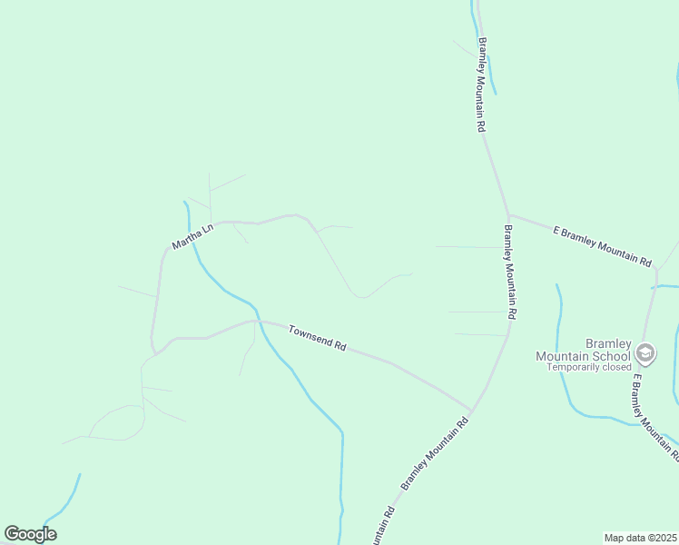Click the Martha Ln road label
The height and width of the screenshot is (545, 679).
tap(192, 237)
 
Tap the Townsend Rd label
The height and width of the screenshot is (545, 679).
tap(318, 339)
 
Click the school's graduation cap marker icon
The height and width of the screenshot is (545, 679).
tap(645, 352)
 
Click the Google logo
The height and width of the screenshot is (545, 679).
tap(30, 534)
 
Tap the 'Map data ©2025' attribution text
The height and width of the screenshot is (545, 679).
tap(640, 538)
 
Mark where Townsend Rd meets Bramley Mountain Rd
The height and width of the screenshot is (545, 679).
tap(471, 411)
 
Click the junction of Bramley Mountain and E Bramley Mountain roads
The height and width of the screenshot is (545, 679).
tap(507, 215)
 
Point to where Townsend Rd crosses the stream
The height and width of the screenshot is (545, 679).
tap(257, 321)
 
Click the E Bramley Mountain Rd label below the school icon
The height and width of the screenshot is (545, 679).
tap(652, 408)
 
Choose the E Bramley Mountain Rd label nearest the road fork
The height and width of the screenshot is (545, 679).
tap(603, 245)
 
